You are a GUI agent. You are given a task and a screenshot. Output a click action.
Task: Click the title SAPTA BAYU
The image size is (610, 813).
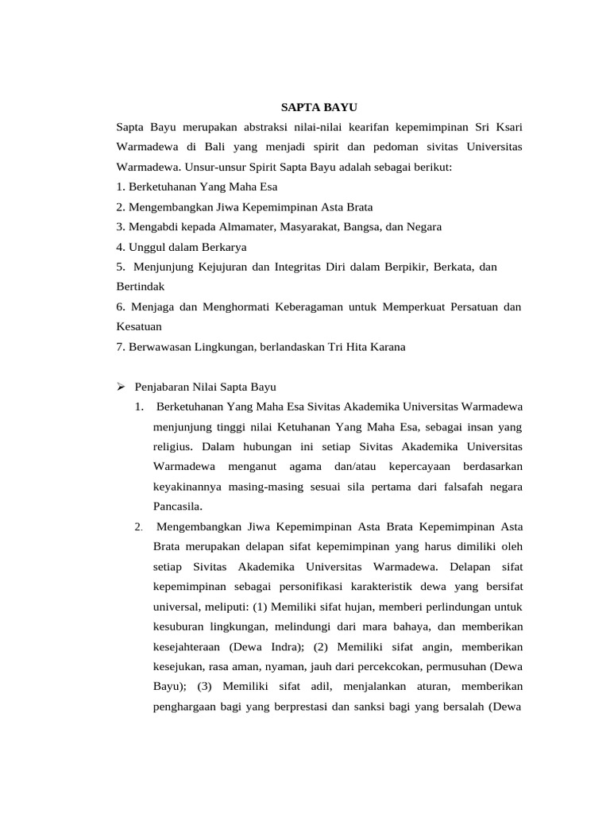coord(321,106)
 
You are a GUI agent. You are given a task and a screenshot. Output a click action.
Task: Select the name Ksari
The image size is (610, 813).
coord(507,127)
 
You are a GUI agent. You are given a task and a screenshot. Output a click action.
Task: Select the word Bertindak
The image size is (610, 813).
coord(140,287)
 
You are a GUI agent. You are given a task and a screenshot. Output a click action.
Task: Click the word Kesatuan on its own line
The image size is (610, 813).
coord(140,327)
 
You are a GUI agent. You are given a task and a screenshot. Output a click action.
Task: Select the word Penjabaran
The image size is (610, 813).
coord(164,387)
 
